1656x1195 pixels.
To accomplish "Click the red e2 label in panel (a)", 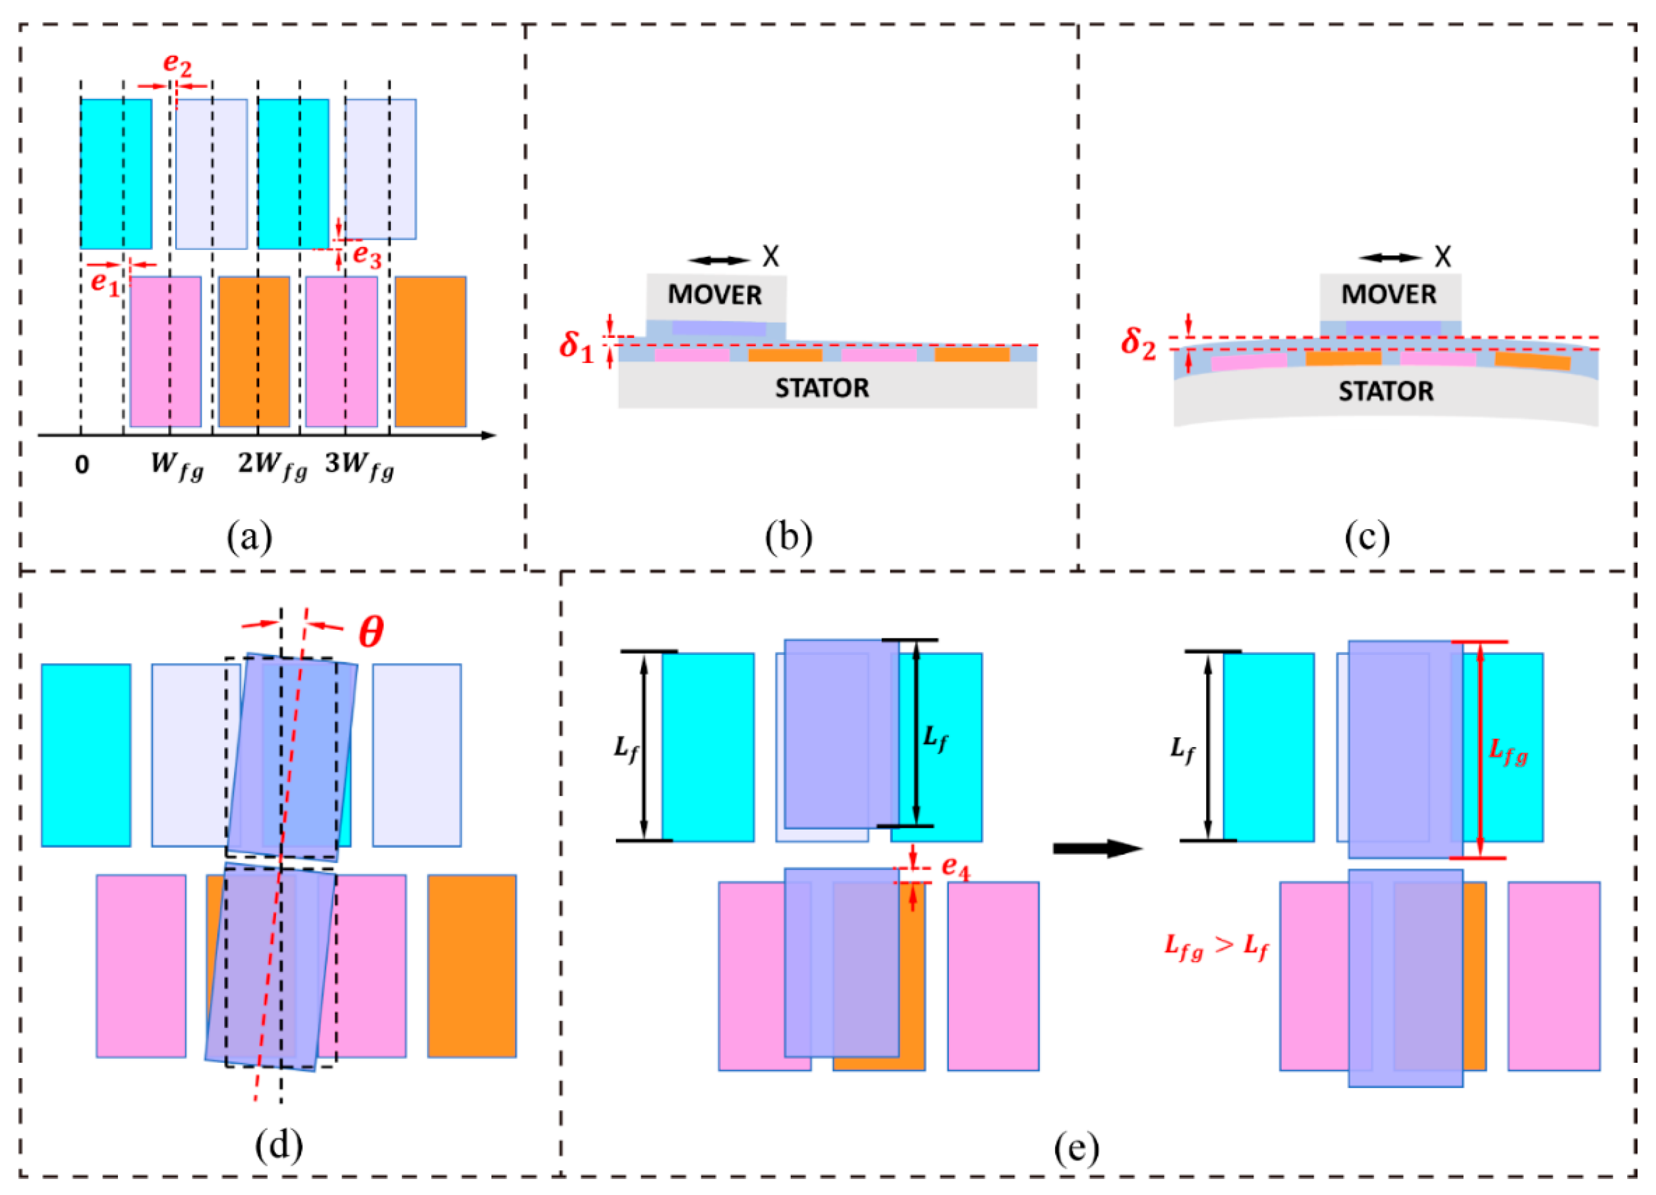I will pos(178,65).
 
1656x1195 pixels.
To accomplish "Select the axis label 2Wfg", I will pos(272,465).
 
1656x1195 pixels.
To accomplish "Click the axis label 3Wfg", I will pos(359,465).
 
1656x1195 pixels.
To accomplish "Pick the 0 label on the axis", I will pos(82,464).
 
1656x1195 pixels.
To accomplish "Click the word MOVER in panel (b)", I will pos(715,295).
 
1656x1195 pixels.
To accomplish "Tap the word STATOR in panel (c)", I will pos(1385,392).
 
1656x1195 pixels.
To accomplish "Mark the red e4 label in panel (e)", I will pos(955,866).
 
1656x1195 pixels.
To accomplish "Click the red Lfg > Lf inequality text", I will pos(1215,947).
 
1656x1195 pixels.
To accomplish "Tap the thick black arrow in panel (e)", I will pos(1097,848).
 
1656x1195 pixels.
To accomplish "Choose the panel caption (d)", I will pos(279,1145).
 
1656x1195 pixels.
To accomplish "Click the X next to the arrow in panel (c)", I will pos(1443,257).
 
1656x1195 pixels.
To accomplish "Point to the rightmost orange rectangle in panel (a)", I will pos(431,351).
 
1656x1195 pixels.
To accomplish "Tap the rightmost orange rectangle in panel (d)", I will pos(472,965).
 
